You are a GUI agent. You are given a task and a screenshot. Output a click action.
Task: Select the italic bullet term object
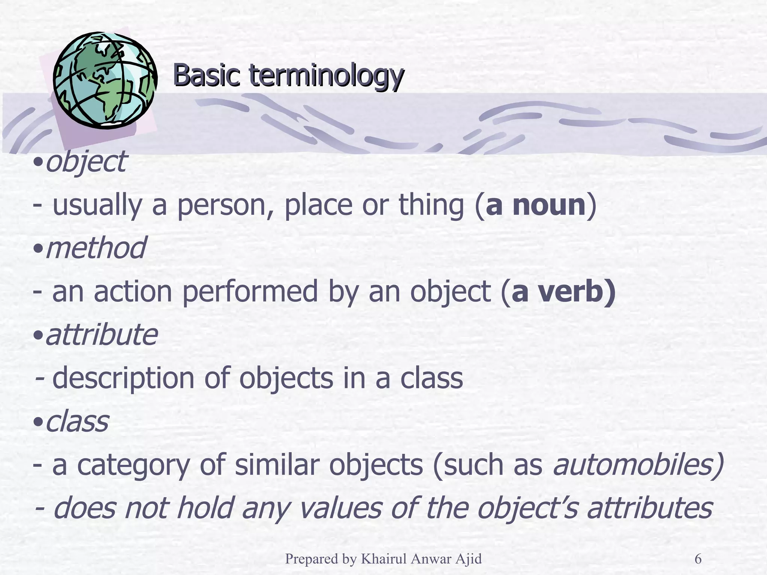pos(86,162)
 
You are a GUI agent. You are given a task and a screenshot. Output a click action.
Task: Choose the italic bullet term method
pos(96,248)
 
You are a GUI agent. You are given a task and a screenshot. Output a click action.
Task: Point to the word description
pos(123,378)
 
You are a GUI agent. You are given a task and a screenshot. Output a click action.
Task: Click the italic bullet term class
pos(77,421)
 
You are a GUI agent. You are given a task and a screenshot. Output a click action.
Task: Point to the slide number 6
pos(698,559)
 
